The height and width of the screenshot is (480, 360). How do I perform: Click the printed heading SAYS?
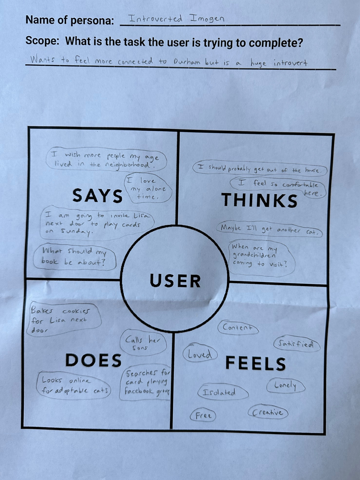pyautogui.click(x=97, y=195)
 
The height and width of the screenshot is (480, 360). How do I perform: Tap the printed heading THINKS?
pyautogui.click(x=259, y=200)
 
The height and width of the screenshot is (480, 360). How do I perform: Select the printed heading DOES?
pyautogui.click(x=93, y=361)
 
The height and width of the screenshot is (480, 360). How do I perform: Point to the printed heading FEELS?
pyautogui.click(x=256, y=363)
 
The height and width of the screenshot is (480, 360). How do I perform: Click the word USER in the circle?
pyautogui.click(x=175, y=281)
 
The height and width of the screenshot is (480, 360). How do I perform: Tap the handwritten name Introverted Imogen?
pyautogui.click(x=176, y=19)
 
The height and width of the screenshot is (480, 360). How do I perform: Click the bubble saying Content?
pyautogui.click(x=238, y=328)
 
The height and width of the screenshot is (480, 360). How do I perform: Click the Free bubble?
pyautogui.click(x=203, y=416)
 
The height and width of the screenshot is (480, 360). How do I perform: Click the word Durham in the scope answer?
pyautogui.click(x=187, y=63)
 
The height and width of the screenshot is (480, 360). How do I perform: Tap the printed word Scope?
pyautogui.click(x=42, y=42)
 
